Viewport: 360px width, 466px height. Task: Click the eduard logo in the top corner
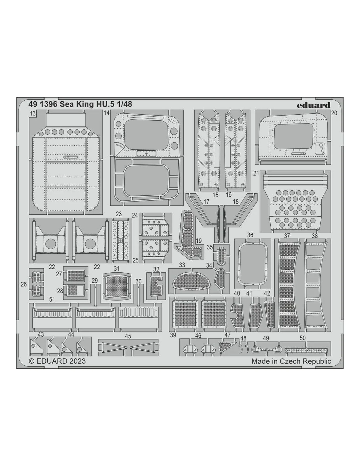coord(314,105)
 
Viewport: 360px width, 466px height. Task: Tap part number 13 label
coord(33,113)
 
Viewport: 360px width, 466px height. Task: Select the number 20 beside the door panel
coord(334,113)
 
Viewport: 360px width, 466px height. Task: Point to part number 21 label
coord(256,173)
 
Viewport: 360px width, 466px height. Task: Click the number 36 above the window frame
coord(250,235)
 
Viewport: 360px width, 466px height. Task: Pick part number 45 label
coord(128,336)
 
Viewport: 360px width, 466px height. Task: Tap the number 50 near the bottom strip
coord(303,338)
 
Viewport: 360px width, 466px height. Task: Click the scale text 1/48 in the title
coord(125,104)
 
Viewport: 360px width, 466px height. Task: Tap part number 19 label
coord(199,241)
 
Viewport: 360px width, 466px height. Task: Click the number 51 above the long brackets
coord(52,300)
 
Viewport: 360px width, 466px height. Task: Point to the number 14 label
coord(107,113)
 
